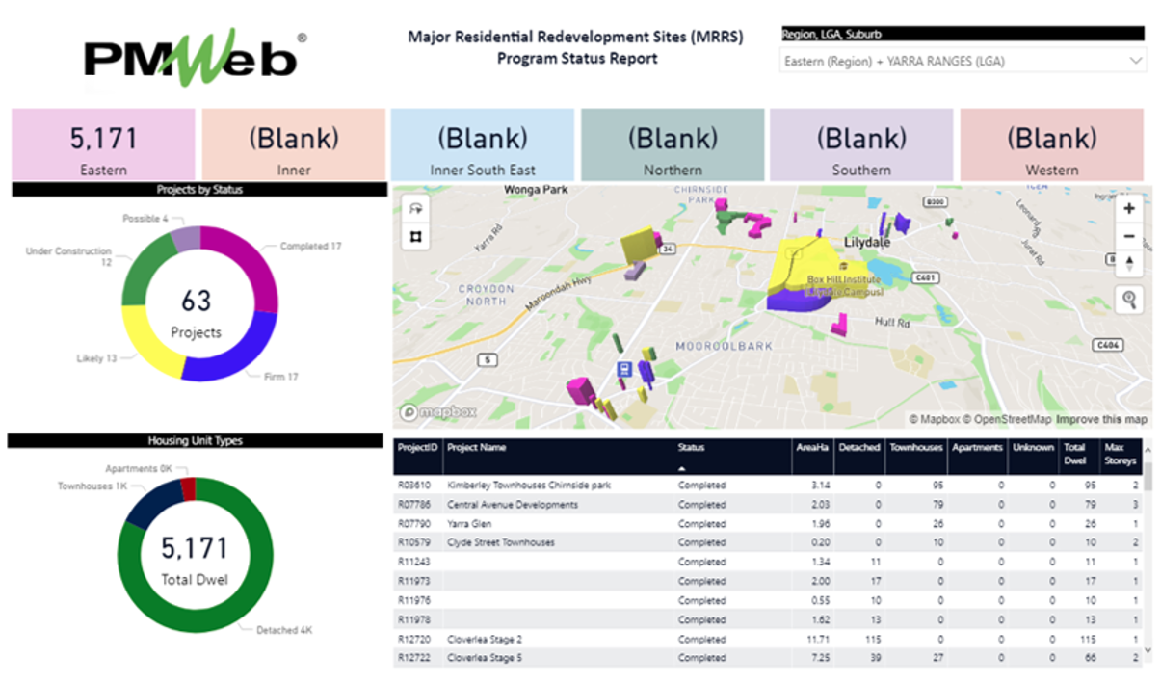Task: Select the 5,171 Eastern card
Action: (103, 145)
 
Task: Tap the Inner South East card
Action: (482, 145)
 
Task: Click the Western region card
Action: (1051, 145)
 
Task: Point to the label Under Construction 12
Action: (68, 256)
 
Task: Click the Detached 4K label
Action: (284, 630)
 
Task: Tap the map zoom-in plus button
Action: (1129, 208)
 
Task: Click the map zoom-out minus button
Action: (1129, 236)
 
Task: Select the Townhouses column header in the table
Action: (914, 448)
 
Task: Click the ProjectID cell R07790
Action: (414, 524)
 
